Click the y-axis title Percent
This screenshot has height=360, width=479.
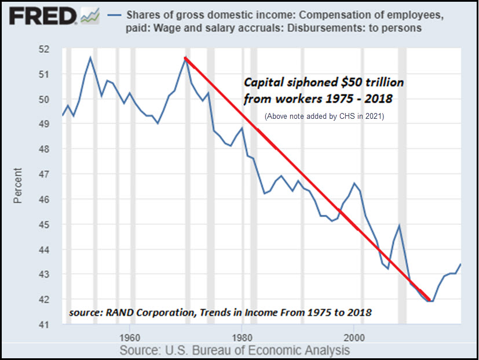click(18, 186)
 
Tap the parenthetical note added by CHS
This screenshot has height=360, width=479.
click(324, 116)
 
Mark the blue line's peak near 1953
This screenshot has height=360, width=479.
click(90, 57)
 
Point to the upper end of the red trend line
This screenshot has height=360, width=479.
click(185, 57)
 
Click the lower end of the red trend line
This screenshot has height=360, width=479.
click(430, 300)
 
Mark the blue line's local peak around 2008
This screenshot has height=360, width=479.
click(399, 226)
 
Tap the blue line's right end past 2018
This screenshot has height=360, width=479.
click(461, 264)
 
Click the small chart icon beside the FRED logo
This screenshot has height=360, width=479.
click(90, 17)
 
